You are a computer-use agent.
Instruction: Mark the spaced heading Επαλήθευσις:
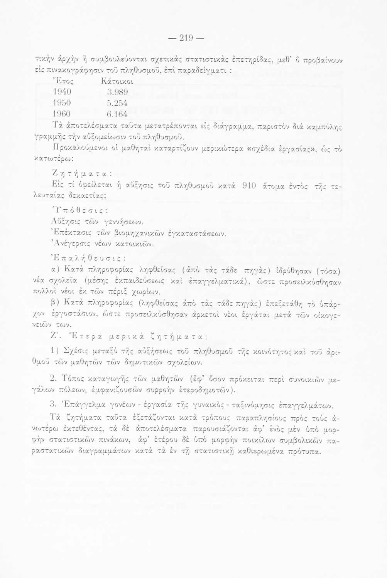coord(79,255)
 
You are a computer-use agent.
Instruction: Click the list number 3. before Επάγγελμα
coord(54,405)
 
